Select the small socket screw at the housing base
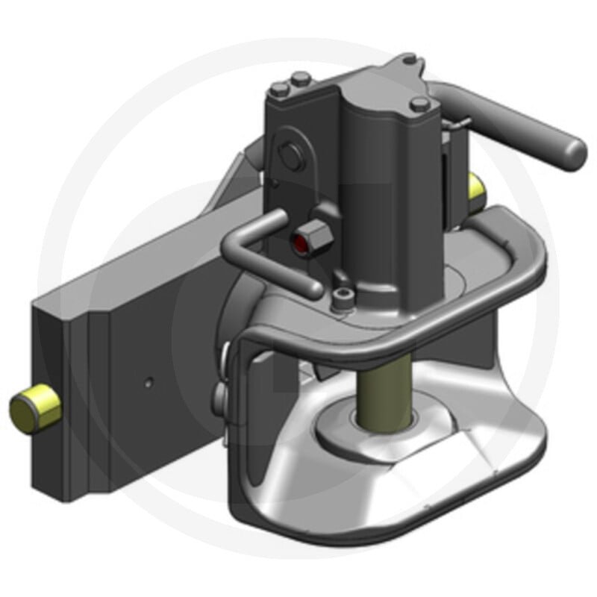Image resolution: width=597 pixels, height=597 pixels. (342, 300)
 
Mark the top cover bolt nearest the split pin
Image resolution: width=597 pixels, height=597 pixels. (418, 104)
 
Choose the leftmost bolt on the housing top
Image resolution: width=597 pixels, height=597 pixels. (278, 90)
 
